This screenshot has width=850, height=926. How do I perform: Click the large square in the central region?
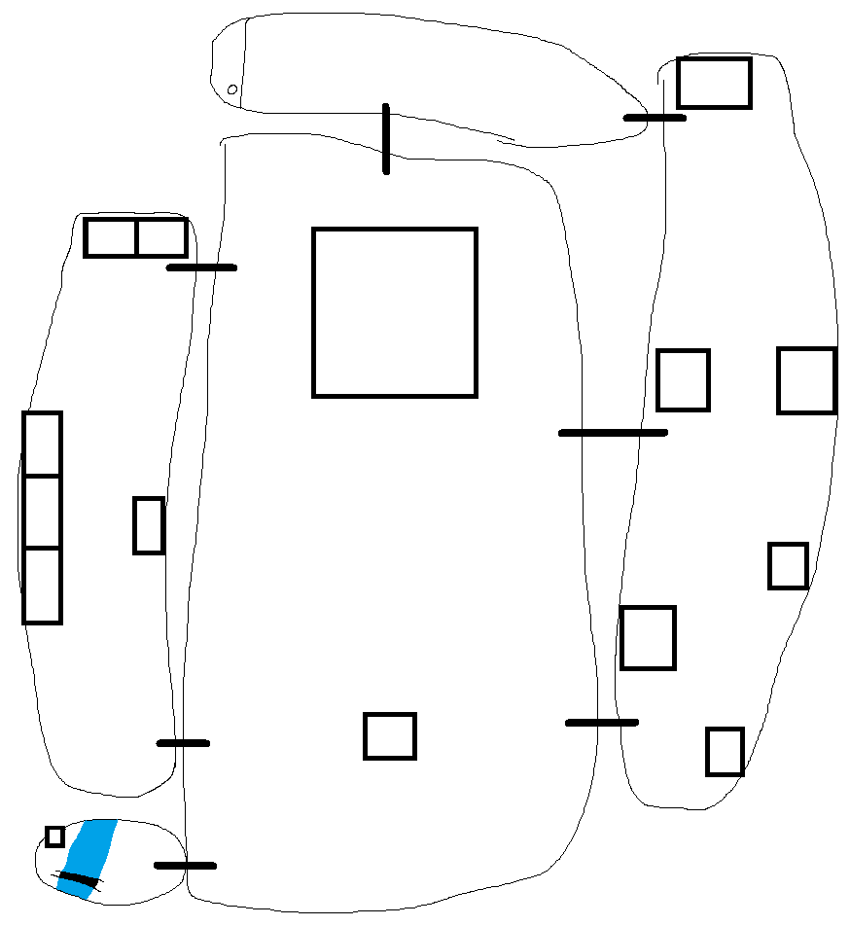pos(394,312)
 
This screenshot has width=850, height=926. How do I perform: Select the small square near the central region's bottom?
pos(389,735)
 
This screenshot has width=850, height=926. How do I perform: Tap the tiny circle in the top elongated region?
pos(232,90)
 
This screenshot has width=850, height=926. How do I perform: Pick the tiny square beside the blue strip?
pos(54,837)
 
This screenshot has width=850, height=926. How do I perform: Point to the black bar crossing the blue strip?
pos(77,882)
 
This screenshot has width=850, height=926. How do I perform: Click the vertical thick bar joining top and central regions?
pos(386,138)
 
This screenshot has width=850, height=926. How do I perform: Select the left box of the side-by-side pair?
pos(111,237)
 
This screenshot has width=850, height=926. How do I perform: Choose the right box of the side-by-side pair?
pos(161,237)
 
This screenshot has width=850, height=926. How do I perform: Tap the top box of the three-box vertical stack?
pos(42,444)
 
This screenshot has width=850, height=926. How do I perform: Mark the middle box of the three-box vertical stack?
pos(42,512)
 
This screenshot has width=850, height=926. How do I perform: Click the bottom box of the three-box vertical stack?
pos(42,585)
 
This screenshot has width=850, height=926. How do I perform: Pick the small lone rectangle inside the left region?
pos(148,525)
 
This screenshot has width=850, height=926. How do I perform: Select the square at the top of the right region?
pos(714,83)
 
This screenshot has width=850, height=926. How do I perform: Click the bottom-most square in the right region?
pos(725,752)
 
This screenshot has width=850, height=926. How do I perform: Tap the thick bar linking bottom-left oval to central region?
pos(185,865)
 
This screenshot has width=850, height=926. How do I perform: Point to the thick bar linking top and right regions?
pos(655,118)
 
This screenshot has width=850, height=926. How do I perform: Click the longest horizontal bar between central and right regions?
pos(613,432)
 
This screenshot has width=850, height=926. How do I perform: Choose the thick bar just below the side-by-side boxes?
pos(201,267)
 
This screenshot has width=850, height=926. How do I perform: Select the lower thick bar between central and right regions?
pos(602,722)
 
